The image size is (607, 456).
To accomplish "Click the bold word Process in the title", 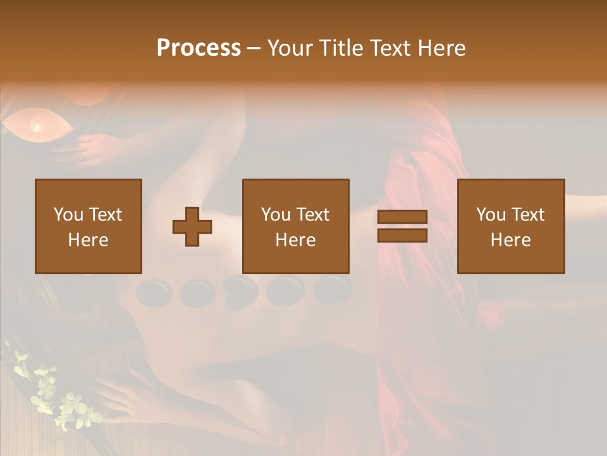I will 199,48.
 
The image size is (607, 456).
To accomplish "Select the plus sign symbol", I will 192,227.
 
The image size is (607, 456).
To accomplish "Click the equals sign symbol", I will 402,226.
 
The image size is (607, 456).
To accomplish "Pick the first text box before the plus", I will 89,226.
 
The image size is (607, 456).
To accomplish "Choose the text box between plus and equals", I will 295,226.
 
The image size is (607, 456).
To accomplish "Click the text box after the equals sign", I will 510,226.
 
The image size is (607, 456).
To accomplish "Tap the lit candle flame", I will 37,127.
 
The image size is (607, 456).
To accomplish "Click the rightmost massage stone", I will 331,289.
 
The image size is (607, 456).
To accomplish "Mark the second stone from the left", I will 197,293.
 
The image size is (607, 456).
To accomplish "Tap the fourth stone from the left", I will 285,291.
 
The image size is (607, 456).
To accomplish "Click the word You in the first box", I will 68,215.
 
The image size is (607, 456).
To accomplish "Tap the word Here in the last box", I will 510,239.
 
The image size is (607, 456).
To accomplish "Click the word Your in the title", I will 291,48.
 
